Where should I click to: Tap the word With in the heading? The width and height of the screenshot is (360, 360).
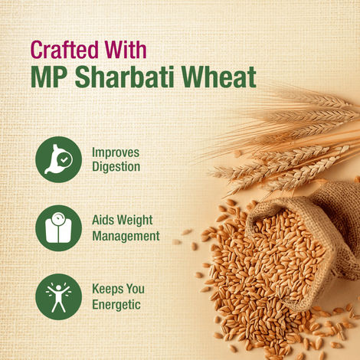[x=125, y=51]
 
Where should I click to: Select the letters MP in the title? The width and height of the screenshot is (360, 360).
[x=48, y=78]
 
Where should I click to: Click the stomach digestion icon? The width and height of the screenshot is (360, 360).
[x=58, y=159]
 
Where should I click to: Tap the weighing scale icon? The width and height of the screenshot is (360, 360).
[x=58, y=227]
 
